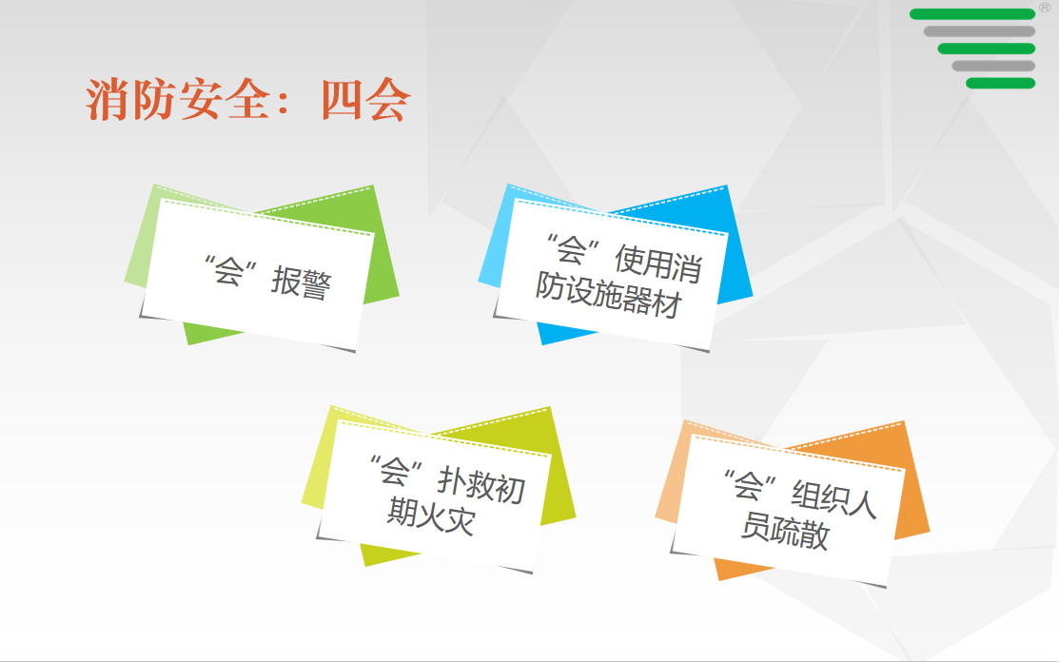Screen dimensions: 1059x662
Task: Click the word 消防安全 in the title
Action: click(x=178, y=100)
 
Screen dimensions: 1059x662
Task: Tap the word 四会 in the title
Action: click(x=365, y=100)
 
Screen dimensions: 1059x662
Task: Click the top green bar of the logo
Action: click(x=971, y=14)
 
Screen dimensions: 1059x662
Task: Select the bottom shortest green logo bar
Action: click(x=1000, y=83)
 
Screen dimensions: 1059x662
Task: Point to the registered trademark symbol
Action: click(x=1044, y=8)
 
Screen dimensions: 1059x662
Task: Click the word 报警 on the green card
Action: click(x=302, y=283)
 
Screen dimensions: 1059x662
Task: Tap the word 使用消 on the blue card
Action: click(x=657, y=263)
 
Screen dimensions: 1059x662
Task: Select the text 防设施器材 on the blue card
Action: click(x=608, y=295)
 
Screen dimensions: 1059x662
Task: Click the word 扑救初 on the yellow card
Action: click(x=480, y=484)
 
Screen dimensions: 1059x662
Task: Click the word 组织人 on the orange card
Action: click(x=833, y=498)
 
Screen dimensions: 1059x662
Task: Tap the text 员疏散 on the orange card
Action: click(x=784, y=530)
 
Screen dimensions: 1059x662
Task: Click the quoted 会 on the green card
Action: click(x=229, y=271)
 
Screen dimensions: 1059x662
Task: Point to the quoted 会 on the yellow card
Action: click(x=395, y=471)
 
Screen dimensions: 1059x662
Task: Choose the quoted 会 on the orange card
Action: click(x=748, y=485)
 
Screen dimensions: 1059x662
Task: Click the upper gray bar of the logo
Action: click(x=979, y=31)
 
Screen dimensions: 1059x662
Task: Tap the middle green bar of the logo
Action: click(x=986, y=49)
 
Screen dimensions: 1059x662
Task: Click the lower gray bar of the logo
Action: click(x=993, y=67)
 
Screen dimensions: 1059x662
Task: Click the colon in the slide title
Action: click(x=283, y=101)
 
